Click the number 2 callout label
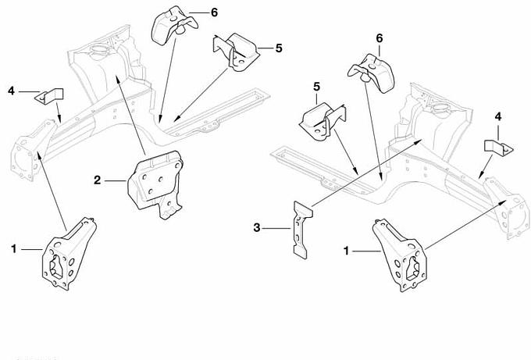[x=98, y=180]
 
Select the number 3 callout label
[x=257, y=228]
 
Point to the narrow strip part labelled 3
[x=299, y=228]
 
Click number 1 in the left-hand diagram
[x=14, y=248]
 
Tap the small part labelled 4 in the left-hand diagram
[x=52, y=98]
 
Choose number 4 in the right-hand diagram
[x=497, y=116]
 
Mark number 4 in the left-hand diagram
[x=11, y=92]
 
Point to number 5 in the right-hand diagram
[x=317, y=87]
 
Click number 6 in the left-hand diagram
[x=215, y=12]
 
